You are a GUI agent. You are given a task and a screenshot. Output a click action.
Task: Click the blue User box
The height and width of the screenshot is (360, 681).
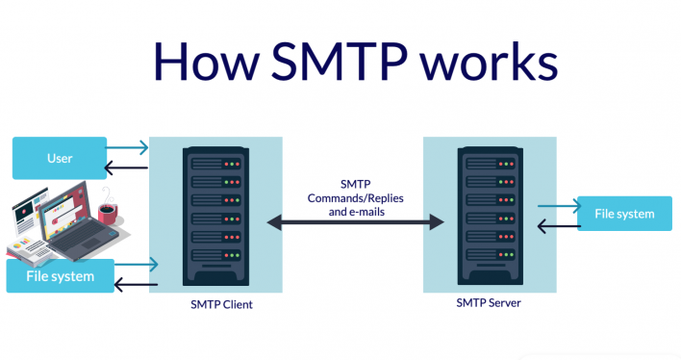(60, 158)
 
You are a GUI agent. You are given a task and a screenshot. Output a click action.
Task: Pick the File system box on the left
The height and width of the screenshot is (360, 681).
(60, 276)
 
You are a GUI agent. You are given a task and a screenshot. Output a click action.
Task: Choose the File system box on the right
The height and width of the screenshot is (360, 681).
(623, 214)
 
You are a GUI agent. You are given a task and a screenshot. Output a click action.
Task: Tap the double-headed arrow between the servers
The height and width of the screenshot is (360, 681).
(354, 223)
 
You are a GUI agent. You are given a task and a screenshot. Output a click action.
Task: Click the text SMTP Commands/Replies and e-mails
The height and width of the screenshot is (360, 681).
(355, 197)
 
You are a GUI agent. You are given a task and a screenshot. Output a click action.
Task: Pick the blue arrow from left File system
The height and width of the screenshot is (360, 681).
(136, 262)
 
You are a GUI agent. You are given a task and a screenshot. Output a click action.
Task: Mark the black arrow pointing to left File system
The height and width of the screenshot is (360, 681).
(134, 284)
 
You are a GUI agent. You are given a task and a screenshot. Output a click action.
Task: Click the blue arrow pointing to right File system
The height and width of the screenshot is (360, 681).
(558, 205)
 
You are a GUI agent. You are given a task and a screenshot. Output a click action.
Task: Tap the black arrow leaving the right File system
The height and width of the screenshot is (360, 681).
(558, 228)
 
